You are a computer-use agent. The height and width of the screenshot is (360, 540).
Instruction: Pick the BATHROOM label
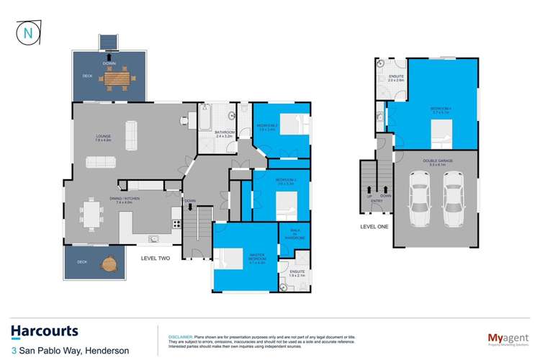pos(225,132)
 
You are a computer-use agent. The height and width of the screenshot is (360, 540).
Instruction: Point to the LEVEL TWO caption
pos(156,258)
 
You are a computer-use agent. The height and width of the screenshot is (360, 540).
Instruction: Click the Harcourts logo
pos(45,331)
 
